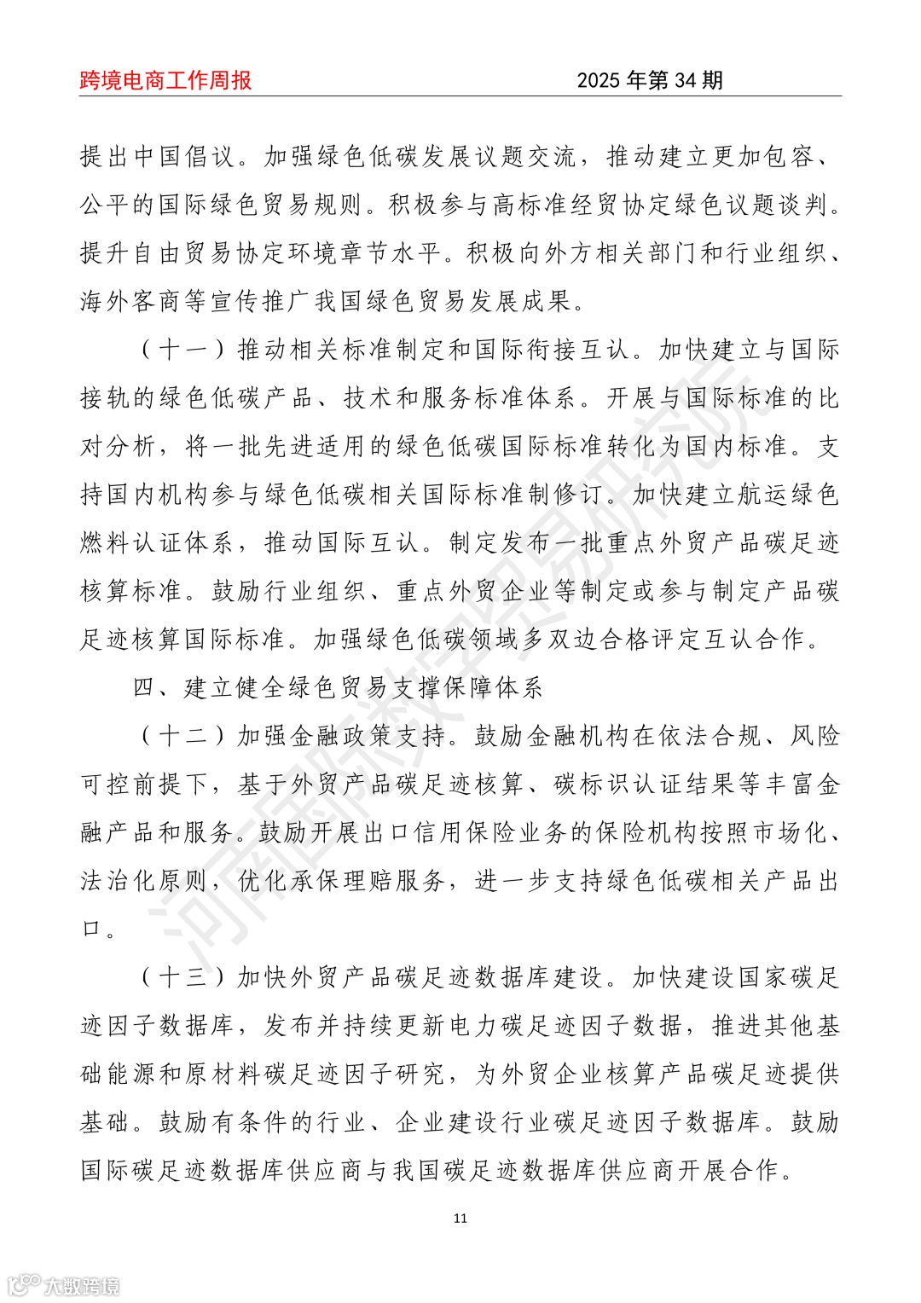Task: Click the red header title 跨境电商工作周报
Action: point(165,80)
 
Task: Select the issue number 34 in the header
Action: point(686,80)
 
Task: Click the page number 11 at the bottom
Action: point(460,1218)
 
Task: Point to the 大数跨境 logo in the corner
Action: point(64,1284)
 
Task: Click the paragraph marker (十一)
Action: point(183,350)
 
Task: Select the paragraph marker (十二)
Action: point(183,736)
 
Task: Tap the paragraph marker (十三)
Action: point(183,977)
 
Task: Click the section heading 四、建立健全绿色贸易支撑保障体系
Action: point(338,687)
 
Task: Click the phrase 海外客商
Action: point(132,301)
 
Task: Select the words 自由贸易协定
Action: point(196,253)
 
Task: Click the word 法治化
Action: point(119,881)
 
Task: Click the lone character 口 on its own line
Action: point(92,929)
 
